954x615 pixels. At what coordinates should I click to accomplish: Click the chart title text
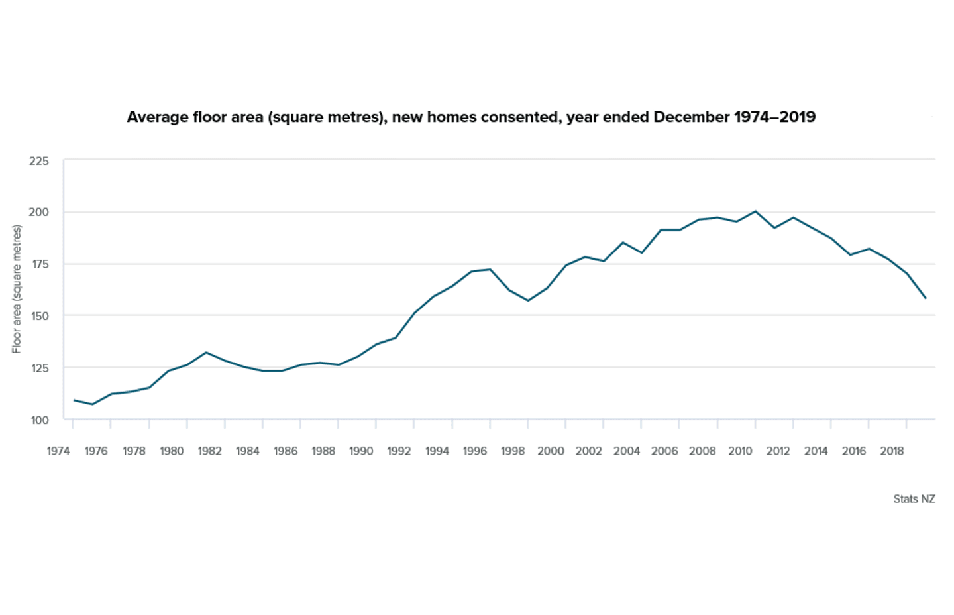(470, 117)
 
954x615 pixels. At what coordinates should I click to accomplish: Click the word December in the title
(691, 117)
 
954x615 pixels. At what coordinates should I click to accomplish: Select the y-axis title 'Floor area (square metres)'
(17, 289)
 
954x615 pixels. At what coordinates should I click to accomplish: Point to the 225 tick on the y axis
(38, 161)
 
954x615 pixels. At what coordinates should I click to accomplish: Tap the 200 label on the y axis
(38, 212)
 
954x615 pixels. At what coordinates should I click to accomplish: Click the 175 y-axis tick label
(39, 264)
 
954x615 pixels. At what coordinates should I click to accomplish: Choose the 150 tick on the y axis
(39, 316)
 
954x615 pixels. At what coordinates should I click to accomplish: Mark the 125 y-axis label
(39, 368)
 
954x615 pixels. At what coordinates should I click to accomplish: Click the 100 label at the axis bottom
(39, 420)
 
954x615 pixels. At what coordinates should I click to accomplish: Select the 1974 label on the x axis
(58, 451)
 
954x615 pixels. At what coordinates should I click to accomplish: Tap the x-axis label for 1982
(209, 451)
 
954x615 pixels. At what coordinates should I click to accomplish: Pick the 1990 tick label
(361, 451)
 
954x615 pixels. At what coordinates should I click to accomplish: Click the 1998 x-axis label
(513, 451)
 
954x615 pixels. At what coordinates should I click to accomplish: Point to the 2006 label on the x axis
(664, 451)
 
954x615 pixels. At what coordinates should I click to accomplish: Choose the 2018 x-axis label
(892, 451)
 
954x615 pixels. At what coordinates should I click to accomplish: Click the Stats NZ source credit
(914, 499)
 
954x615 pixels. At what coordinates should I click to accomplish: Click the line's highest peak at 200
(755, 211)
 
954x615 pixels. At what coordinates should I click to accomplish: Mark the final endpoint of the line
(926, 298)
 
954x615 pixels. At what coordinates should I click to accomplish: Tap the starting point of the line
(74, 400)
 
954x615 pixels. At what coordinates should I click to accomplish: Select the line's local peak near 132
(206, 352)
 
